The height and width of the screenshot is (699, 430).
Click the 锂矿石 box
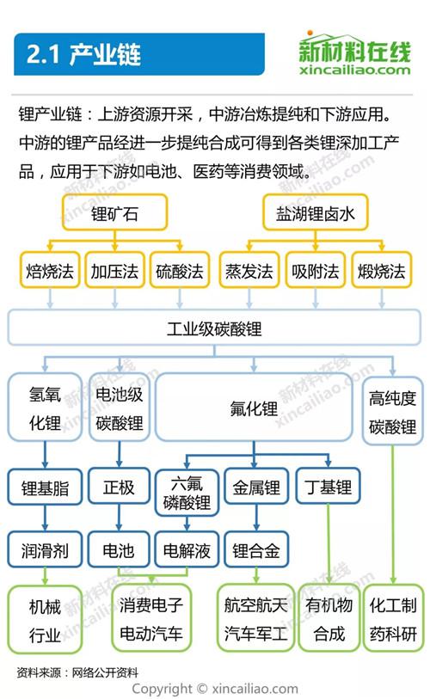(114, 212)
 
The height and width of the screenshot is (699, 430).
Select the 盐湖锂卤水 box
(316, 212)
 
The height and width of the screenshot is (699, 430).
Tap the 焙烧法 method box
(50, 270)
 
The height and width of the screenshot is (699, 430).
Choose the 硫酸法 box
(180, 270)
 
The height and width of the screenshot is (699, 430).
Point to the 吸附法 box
(316, 270)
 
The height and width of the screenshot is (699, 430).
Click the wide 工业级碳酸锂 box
(214, 328)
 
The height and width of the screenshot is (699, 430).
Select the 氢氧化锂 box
(45, 408)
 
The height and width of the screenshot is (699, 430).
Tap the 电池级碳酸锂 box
(119, 408)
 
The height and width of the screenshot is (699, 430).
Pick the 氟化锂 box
(254, 408)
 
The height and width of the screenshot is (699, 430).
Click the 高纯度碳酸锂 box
(392, 411)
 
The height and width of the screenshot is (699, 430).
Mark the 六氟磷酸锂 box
(187, 493)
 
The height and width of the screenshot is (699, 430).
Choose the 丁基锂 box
(328, 486)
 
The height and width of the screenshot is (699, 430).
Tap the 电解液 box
(187, 549)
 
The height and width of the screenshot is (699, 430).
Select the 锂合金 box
(256, 549)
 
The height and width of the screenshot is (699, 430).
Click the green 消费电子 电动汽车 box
(151, 618)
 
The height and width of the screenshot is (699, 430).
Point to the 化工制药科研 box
(393, 618)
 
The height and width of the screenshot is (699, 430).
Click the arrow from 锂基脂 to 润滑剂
(45, 518)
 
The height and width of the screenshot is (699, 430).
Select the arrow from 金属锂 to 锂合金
(256, 518)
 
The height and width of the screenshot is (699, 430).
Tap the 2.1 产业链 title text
(83, 54)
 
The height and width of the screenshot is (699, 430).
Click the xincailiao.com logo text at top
(355, 70)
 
